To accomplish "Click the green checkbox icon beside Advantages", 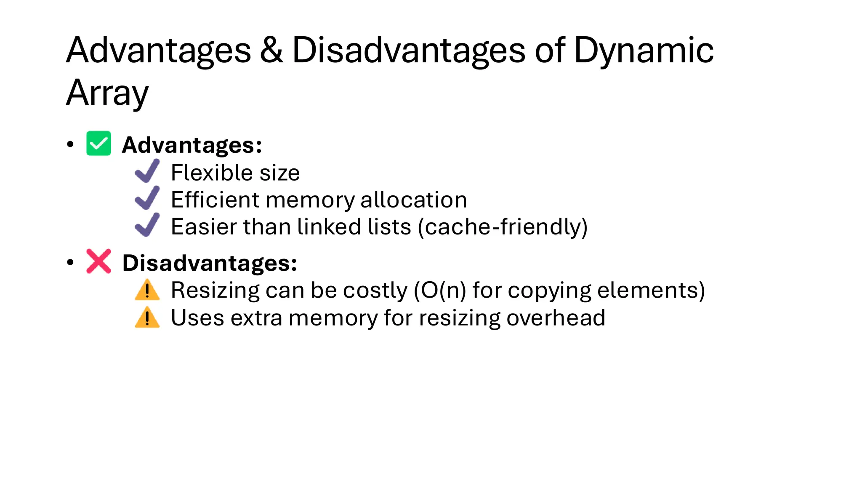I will coord(98,144).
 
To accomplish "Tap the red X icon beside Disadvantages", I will coord(98,261).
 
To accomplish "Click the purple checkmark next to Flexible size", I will coord(147,171).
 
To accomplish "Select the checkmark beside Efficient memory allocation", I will coord(147,198).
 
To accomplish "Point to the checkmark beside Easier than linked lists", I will coord(147,225).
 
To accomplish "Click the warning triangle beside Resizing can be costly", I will coord(147,290).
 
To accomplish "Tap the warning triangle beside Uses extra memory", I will coord(147,317).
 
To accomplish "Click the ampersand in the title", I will coord(271,50).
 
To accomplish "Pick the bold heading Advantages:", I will coord(192,145).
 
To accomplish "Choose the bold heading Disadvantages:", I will coord(210,263).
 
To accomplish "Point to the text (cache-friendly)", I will coord(503,227).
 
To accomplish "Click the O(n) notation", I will coord(440,290).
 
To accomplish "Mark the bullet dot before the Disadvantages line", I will coord(70,263).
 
